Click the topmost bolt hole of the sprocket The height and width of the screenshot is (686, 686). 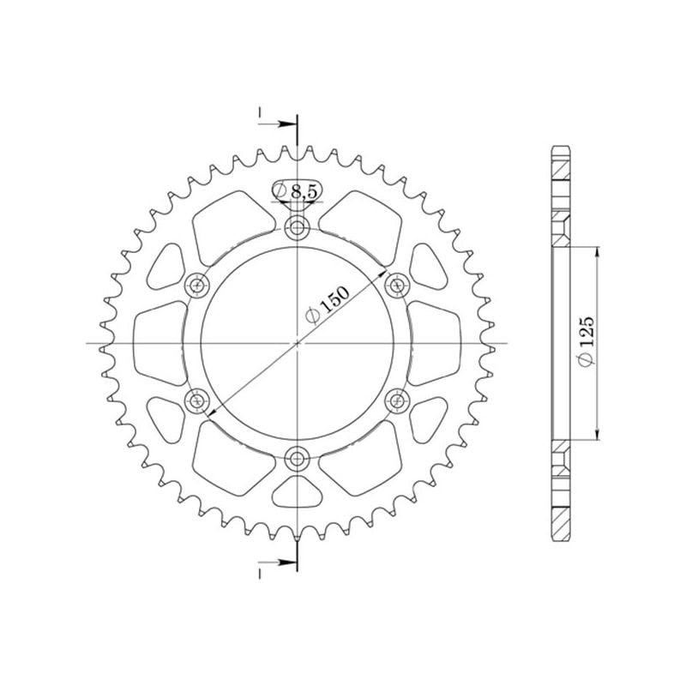tap(297, 228)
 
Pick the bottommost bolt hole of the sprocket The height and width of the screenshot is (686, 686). tap(297, 458)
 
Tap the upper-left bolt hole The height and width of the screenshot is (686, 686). tap(197, 285)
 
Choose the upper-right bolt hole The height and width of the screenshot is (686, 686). tap(396, 285)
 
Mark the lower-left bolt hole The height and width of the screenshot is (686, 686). tap(197, 399)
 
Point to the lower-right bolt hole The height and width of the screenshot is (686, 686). tap(396, 399)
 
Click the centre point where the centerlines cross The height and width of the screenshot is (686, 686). tap(297, 343)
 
